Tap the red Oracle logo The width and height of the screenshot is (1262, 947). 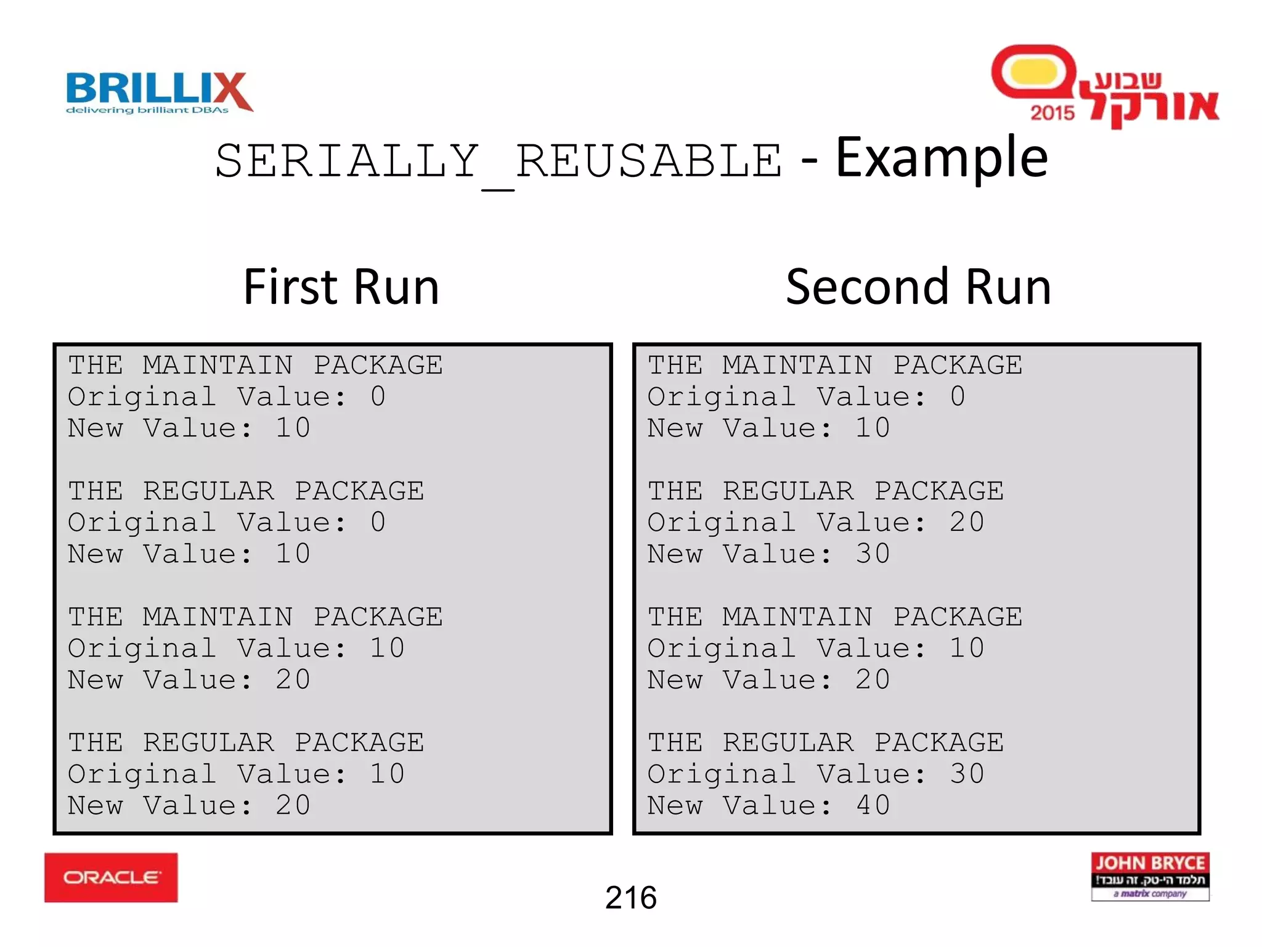(111, 877)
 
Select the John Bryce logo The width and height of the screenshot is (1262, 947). (1150, 876)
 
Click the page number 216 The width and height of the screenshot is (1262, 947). (630, 898)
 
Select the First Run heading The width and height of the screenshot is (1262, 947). (341, 287)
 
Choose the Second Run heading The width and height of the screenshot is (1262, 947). (918, 287)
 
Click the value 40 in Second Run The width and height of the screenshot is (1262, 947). (873, 805)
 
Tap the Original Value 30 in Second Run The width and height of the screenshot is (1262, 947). (966, 774)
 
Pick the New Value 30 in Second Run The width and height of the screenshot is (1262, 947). (873, 554)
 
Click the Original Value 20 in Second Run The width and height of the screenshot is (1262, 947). (966, 522)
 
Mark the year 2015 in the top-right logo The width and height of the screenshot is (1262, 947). (1052, 113)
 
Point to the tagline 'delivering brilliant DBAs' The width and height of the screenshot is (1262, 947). (147, 110)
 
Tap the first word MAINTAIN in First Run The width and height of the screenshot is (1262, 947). (218, 365)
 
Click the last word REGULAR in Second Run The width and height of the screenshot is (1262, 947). (788, 742)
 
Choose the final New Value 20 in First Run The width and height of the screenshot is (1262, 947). (293, 805)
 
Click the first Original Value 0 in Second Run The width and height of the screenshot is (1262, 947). (957, 396)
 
